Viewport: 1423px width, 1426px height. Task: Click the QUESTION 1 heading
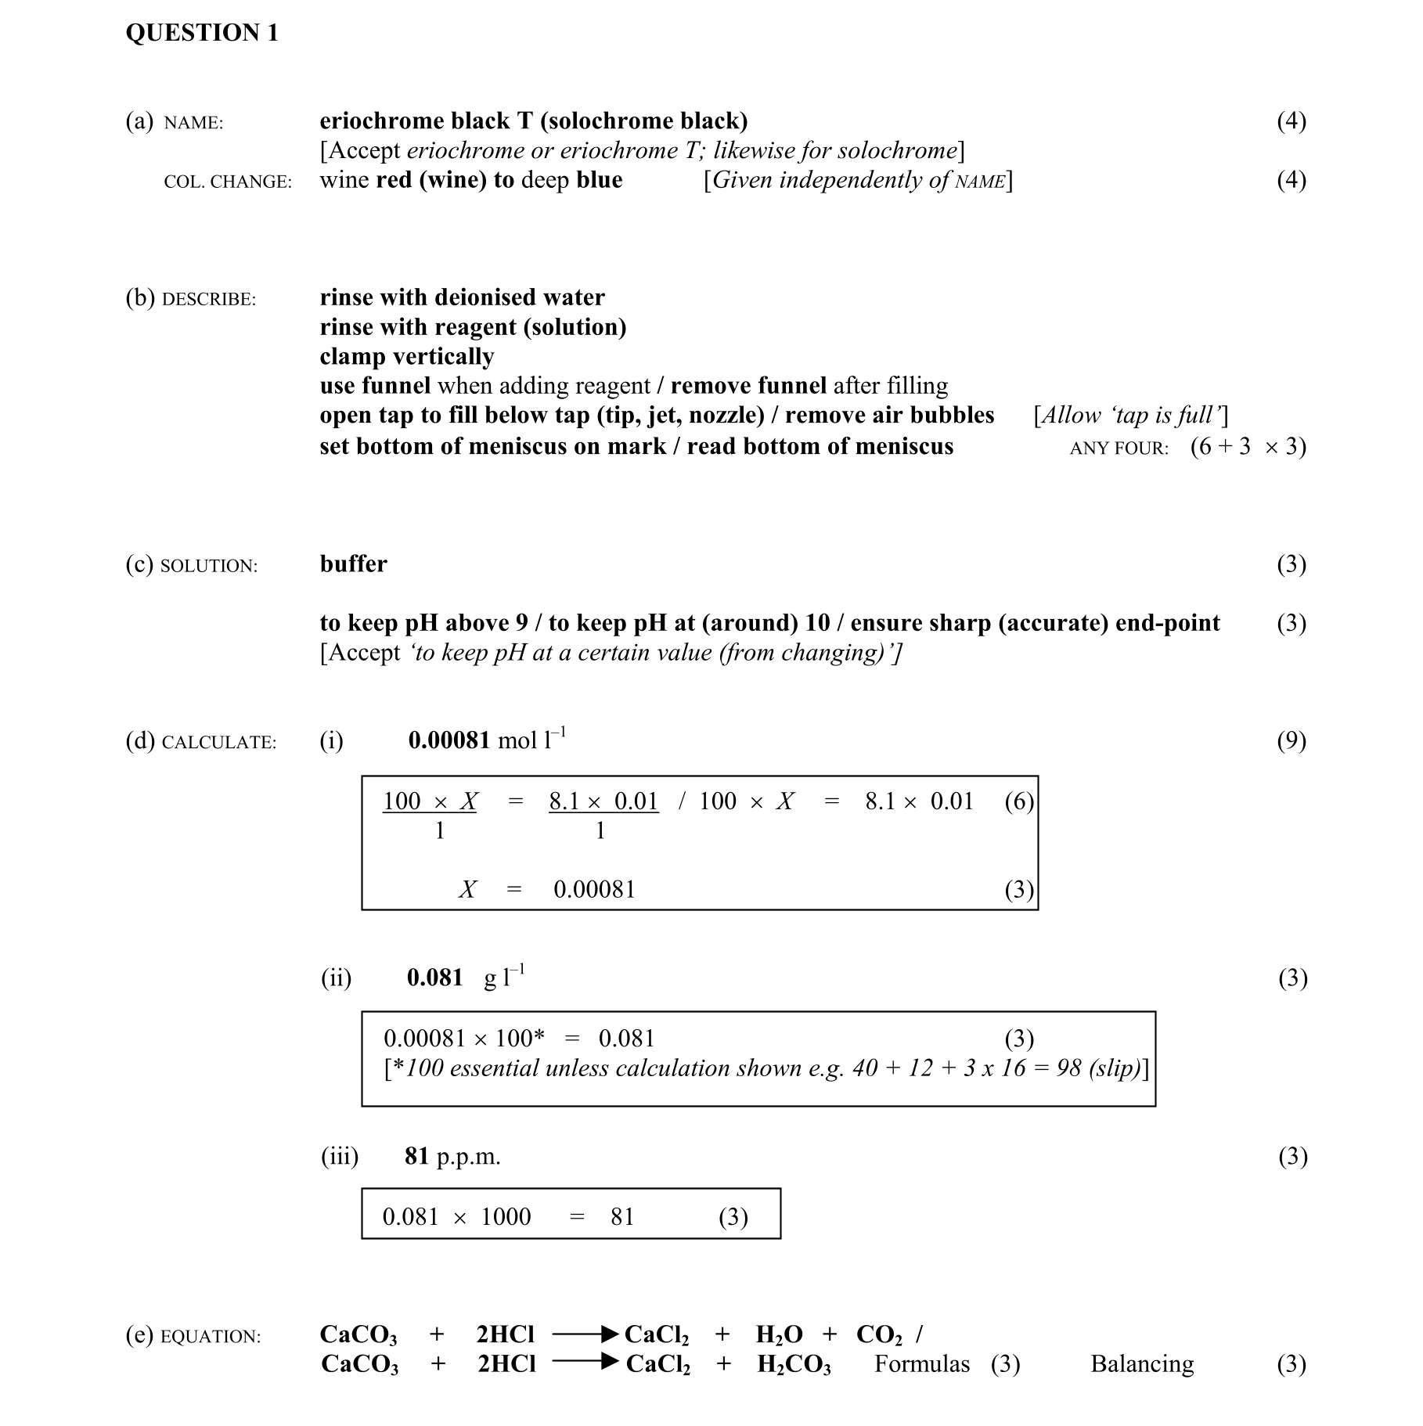point(202,33)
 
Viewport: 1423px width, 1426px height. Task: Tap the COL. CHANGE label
point(228,182)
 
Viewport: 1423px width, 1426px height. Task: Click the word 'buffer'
point(353,564)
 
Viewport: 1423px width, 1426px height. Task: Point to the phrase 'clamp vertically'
point(406,356)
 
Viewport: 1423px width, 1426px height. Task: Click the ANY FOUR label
point(1119,448)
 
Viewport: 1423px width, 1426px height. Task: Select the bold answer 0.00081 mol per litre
point(449,740)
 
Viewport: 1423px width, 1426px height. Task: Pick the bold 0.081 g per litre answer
point(434,978)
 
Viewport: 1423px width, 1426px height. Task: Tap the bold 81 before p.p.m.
point(416,1156)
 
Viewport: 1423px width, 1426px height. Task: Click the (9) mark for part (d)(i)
point(1291,740)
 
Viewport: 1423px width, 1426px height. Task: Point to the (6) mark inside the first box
point(1018,801)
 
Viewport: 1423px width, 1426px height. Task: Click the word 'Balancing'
point(1141,1364)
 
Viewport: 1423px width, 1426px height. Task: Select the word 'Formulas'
point(921,1364)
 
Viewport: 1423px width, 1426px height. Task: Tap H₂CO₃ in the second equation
point(794,1365)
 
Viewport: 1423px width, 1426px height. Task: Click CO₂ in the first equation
point(879,1334)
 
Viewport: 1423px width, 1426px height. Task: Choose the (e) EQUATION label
point(193,1335)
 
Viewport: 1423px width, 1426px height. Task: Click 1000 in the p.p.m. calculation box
point(506,1216)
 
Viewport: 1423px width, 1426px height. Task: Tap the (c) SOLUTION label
point(191,565)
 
